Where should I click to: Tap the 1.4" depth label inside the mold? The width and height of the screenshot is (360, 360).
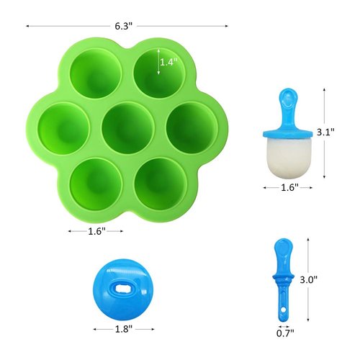pyautogui.click(x=168, y=62)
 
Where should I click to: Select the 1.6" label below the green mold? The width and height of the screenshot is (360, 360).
pyautogui.click(x=96, y=232)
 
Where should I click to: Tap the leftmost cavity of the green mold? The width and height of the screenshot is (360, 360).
pyautogui.click(x=63, y=127)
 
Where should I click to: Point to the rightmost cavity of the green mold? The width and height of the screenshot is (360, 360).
pyautogui.click(x=192, y=127)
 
